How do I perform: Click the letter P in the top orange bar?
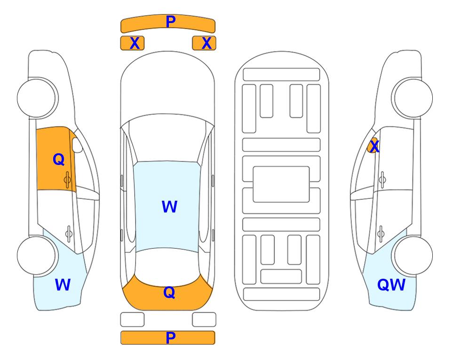click(x=171, y=22)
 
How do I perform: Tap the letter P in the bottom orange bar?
click(x=171, y=337)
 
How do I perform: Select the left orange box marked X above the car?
click(x=132, y=43)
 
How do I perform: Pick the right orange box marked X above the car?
click(x=204, y=43)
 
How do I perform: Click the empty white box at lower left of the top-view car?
click(x=132, y=320)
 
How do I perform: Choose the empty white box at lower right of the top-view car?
click(x=204, y=320)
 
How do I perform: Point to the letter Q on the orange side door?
click(x=59, y=159)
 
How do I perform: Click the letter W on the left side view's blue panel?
click(x=63, y=284)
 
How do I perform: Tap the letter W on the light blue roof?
click(x=169, y=206)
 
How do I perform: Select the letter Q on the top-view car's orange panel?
click(x=169, y=292)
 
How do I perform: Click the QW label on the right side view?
click(x=391, y=285)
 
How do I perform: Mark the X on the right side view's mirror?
click(x=374, y=146)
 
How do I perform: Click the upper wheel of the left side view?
click(x=37, y=98)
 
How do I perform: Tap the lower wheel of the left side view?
click(x=37, y=255)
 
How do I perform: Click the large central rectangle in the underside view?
click(x=281, y=184)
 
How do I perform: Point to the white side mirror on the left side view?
click(x=77, y=145)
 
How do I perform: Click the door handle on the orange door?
click(x=67, y=180)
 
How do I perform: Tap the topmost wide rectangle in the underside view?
click(x=281, y=75)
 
